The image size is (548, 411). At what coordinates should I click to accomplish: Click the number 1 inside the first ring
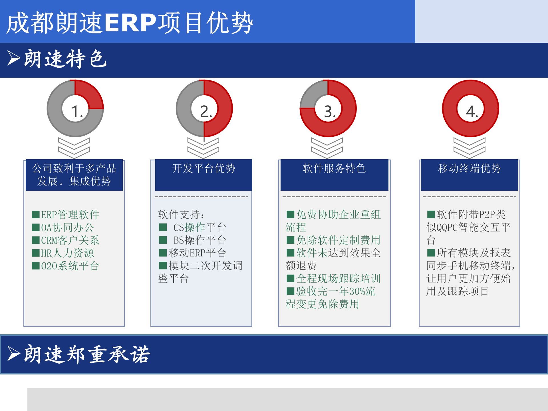click(76, 111)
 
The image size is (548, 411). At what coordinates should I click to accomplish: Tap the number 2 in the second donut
click(205, 111)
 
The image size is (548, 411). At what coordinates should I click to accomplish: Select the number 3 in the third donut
click(329, 111)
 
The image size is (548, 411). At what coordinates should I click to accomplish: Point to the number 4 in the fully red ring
click(472, 111)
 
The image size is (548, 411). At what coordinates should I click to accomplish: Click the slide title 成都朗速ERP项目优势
click(130, 23)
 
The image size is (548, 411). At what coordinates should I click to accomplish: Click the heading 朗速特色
click(66, 59)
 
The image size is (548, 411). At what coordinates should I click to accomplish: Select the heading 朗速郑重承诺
click(87, 354)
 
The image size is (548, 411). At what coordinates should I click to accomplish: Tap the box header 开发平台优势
click(204, 168)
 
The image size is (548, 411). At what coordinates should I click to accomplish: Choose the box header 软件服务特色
click(334, 168)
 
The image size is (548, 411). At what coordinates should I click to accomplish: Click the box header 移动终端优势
click(469, 168)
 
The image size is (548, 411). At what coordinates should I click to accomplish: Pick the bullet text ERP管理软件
click(70, 215)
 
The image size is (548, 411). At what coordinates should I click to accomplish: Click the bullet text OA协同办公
click(67, 227)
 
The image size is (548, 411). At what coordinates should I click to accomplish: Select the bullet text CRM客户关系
click(70, 240)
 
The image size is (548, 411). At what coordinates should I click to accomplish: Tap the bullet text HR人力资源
click(67, 253)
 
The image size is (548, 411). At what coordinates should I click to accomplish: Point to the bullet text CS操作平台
click(200, 227)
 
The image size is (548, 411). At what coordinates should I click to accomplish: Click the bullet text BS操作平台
click(200, 240)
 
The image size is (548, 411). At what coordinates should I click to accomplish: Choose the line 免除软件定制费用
click(338, 240)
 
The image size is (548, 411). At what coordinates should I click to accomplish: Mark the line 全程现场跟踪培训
click(338, 279)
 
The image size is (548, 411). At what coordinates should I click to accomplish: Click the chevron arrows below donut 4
click(469, 148)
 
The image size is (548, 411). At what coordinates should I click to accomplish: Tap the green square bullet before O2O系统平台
click(36, 266)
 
